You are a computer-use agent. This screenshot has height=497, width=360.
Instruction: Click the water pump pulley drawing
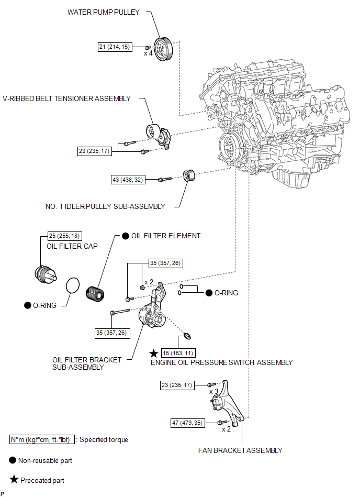point(163,49)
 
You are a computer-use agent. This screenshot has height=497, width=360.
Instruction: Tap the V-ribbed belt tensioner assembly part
point(159,136)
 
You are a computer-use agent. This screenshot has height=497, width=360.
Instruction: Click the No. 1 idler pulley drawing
point(189,175)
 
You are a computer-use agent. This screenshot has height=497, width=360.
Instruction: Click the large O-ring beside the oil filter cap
point(73,286)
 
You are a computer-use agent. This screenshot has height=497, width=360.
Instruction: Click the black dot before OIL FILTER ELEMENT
point(126,236)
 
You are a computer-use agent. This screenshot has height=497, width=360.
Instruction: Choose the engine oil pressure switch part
point(187,335)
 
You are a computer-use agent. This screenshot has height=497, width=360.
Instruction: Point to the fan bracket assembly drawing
point(227,402)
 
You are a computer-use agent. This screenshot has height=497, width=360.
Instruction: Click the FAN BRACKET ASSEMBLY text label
point(240,450)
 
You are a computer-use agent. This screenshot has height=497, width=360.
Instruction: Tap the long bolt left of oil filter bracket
point(120,312)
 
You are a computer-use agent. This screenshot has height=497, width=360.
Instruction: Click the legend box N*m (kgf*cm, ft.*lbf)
point(42,439)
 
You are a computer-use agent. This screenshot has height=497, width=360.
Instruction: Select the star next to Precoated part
point(14,479)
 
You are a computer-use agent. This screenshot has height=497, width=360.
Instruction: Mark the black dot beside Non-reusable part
point(13,460)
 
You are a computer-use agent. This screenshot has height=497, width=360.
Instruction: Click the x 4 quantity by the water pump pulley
point(148,53)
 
